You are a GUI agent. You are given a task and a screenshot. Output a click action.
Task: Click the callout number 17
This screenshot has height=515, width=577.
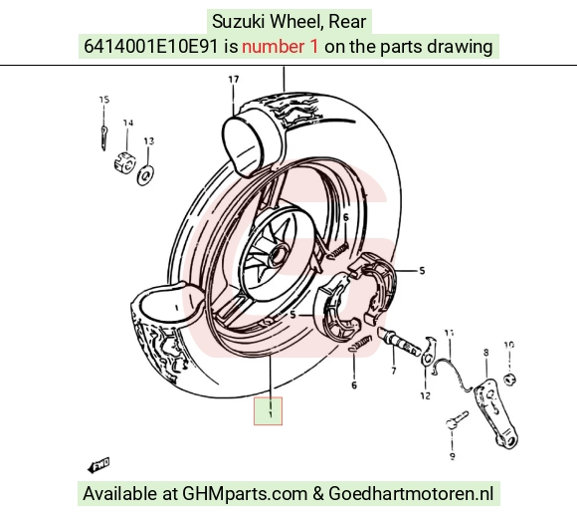point(234,80)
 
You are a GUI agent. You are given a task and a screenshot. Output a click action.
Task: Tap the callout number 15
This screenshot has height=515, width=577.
point(104,100)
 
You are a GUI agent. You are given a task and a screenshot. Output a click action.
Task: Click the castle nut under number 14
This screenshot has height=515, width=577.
point(125,162)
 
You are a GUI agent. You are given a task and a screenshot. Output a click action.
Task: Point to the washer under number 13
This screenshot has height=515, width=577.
point(145,175)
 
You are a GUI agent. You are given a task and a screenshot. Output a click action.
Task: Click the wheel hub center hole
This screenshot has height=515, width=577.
point(279,254)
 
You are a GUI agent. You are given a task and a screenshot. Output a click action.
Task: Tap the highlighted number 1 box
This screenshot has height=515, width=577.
point(268,411)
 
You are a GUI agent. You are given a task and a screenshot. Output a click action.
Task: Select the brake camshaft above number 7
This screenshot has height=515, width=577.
point(400,340)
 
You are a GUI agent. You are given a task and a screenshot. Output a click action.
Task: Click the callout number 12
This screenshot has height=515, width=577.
point(425,396)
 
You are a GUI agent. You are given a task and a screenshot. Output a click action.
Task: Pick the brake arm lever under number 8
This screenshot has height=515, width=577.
point(496,411)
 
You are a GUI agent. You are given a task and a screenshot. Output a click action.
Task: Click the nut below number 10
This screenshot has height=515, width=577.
point(509,379)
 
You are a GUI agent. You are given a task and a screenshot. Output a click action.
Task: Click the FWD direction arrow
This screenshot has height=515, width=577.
point(98,465)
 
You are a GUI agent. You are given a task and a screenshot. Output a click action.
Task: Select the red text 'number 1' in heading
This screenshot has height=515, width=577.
point(280,47)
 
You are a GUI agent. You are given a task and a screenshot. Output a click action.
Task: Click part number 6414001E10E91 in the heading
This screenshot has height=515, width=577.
point(151,47)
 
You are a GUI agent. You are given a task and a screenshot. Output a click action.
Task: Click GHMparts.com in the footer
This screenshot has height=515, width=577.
point(245,494)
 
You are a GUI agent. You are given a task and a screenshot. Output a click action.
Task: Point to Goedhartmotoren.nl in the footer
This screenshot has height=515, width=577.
point(411,494)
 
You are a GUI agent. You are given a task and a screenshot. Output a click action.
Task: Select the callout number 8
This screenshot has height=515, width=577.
point(486,353)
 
